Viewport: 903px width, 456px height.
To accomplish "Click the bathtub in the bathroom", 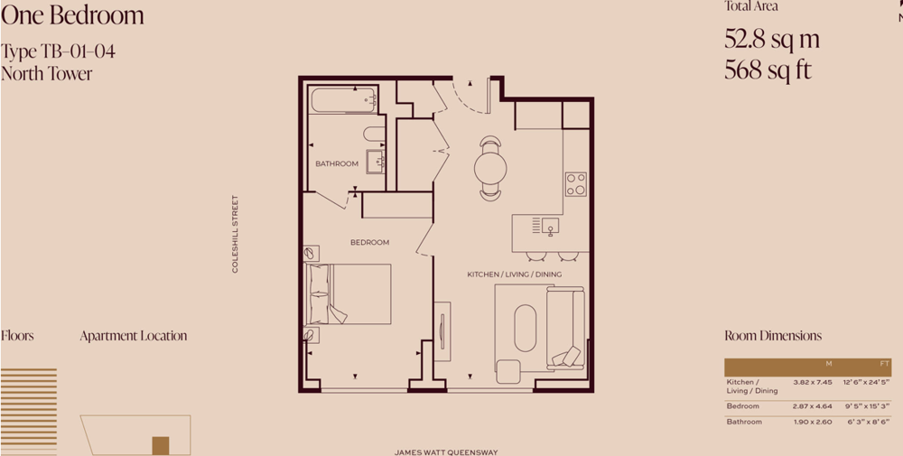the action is click(344, 99).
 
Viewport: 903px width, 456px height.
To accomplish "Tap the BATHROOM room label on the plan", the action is click(337, 164).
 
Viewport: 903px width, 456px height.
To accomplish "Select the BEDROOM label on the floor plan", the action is click(369, 242).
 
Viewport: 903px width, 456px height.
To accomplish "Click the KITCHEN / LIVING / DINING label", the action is click(515, 275).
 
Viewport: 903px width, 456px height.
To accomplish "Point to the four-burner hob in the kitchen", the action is click(575, 184).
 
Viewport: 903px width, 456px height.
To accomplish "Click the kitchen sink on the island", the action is click(550, 226).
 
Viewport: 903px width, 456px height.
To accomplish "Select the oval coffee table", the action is click(526, 328).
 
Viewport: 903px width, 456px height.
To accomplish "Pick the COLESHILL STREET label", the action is click(235, 234).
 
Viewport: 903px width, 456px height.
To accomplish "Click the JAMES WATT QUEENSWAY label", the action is click(446, 452).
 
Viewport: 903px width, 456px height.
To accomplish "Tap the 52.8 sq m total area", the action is click(772, 39).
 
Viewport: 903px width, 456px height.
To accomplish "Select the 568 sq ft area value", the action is click(768, 70).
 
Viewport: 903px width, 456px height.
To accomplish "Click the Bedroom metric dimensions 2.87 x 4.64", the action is click(813, 406).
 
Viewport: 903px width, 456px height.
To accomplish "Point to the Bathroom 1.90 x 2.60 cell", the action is click(813, 422).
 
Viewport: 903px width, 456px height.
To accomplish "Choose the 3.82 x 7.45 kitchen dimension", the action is click(813, 382).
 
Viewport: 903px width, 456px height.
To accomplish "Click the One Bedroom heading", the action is click(72, 15).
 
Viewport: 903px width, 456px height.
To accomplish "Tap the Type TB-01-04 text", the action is click(58, 51).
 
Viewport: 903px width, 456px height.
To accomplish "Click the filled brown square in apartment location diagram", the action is click(161, 446).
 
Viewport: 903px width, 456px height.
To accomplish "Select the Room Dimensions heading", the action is click(773, 336).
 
